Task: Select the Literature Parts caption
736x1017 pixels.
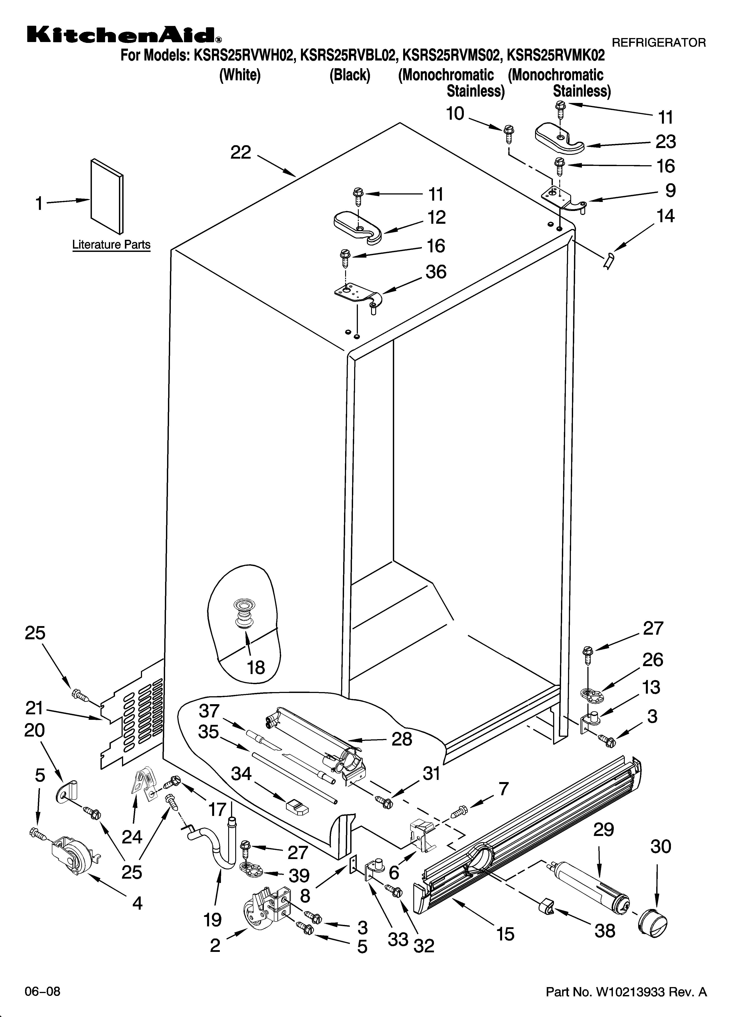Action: pos(111,245)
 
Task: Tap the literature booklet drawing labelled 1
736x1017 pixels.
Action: pos(107,196)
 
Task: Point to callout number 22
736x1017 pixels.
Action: pos(241,153)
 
